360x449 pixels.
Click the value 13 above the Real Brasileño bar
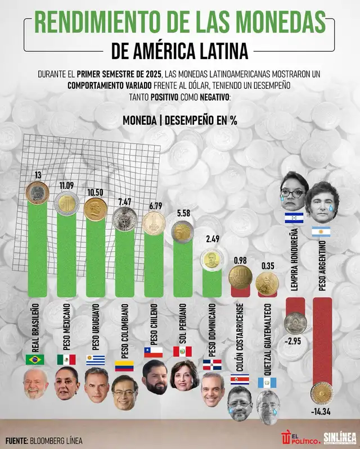pos(38,175)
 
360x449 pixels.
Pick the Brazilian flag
pos(35,359)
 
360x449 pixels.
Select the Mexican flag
pos(66,359)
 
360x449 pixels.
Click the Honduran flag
pos(294,217)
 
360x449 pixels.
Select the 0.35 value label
pos(267,266)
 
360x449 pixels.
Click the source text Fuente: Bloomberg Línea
pos(44,440)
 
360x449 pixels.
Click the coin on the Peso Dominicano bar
pos(211,258)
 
